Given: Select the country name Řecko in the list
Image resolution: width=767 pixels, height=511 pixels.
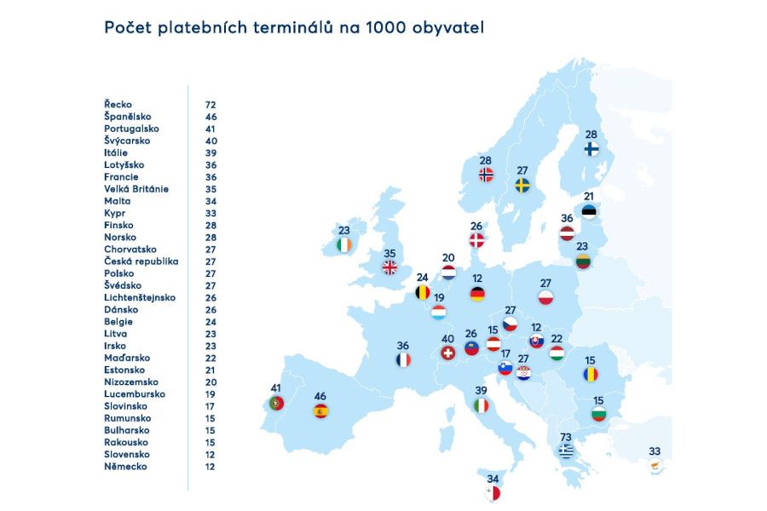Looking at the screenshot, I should (118, 104).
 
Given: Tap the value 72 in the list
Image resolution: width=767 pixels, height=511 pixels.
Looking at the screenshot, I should (210, 104).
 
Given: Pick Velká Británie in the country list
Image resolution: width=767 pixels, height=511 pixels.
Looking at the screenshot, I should (136, 188).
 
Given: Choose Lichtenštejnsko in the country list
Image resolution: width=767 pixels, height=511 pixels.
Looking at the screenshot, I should (140, 297).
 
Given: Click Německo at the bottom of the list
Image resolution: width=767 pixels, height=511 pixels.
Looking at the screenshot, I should (125, 467).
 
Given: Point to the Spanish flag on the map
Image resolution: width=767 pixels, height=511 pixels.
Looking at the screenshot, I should (320, 411).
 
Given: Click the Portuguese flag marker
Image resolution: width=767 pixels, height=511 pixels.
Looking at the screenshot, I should (276, 404).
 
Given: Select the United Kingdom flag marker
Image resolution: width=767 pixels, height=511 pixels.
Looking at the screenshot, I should (389, 267).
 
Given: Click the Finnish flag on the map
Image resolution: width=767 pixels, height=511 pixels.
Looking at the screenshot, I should (591, 149).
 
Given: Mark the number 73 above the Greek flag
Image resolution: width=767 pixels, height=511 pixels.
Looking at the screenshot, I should (566, 437).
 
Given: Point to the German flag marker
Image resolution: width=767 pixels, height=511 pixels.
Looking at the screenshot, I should (477, 294).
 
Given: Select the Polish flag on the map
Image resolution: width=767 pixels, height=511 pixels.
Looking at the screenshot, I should (546, 298).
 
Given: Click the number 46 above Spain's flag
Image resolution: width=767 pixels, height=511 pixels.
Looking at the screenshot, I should (320, 396).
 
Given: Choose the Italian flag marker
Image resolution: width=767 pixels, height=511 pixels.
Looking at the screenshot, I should (482, 406).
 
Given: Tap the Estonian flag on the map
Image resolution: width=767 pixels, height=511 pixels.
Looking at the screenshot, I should (589, 211).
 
